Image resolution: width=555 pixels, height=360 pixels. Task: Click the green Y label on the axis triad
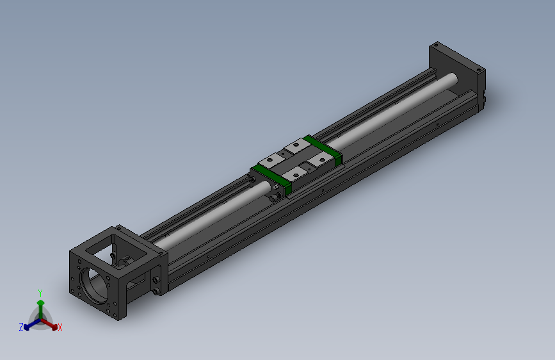(40, 293)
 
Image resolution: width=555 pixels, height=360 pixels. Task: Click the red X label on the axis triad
(60, 327)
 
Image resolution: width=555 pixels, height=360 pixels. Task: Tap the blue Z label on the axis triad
(21, 327)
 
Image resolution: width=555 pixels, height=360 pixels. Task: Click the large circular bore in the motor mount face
(95, 285)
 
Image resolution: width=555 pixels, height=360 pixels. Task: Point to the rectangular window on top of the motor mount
(117, 248)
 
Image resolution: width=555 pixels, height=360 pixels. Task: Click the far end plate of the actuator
(457, 76)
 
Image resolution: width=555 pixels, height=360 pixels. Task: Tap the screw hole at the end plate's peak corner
(436, 45)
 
